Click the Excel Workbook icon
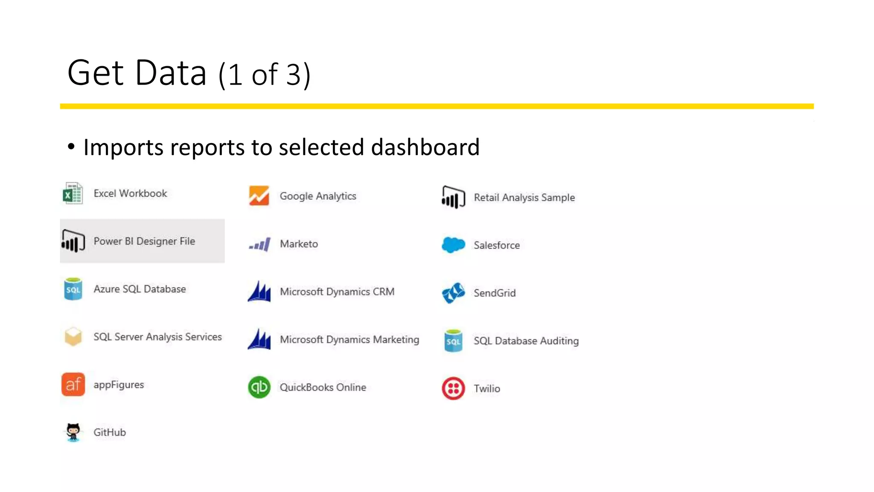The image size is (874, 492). coord(73,193)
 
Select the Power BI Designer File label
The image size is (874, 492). coord(144,241)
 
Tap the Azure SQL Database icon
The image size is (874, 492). coord(73,289)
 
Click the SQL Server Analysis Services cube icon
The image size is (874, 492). coord(73,337)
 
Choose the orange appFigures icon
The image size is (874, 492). coord(73,384)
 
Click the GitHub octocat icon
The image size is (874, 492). coord(73,432)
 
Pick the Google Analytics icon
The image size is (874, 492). coord(259,196)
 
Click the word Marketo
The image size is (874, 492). coord(299,244)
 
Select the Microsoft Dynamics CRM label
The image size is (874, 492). coord(337,292)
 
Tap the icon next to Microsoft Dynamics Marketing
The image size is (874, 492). coord(259,339)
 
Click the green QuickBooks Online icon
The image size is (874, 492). coord(259,387)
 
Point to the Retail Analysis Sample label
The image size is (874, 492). coord(524,197)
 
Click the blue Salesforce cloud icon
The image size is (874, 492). coord(453,245)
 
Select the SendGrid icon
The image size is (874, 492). coord(453,293)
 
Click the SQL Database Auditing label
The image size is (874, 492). coord(526,341)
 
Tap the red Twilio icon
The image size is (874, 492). coord(453,388)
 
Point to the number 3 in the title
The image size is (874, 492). coord(293,75)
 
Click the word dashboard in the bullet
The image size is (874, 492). coord(425,147)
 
